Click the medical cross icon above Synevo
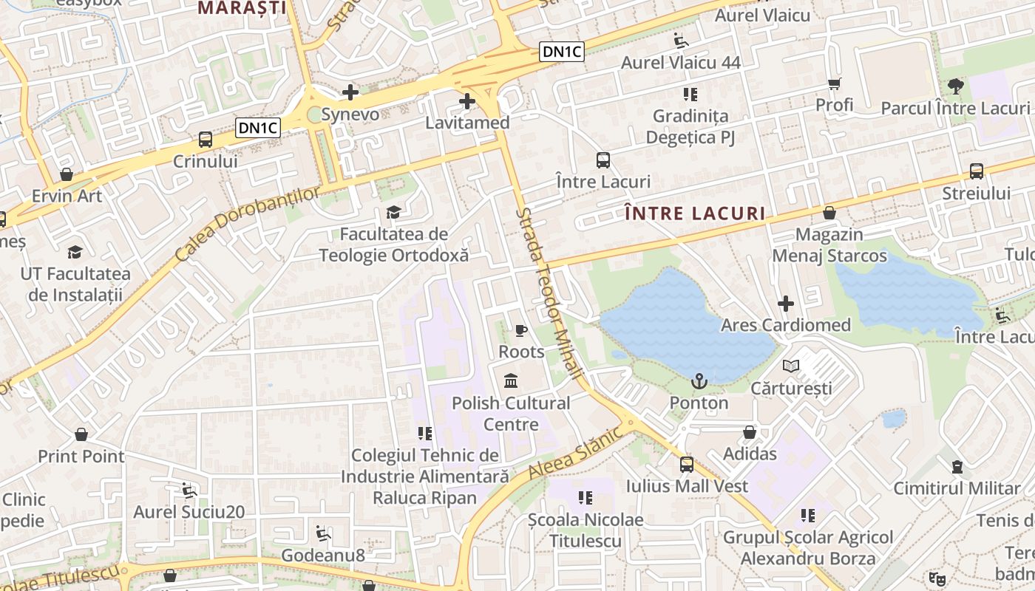tap(350, 92)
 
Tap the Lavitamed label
tap(467, 123)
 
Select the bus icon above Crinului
tap(206, 139)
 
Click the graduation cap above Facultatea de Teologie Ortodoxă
tap(393, 213)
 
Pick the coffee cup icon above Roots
tap(521, 329)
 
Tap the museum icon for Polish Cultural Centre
tap(511, 381)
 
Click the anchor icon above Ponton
tap(699, 381)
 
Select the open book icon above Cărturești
tap(791, 366)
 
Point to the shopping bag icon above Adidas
tap(750, 432)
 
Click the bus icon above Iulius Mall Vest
tap(687, 464)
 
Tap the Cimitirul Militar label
tap(957, 488)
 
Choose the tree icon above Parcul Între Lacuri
tap(955, 86)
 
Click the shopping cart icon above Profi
tap(835, 83)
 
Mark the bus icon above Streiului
tap(976, 171)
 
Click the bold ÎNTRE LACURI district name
tap(695, 214)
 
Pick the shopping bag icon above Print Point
tap(81, 434)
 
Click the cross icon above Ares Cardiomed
tap(786, 304)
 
